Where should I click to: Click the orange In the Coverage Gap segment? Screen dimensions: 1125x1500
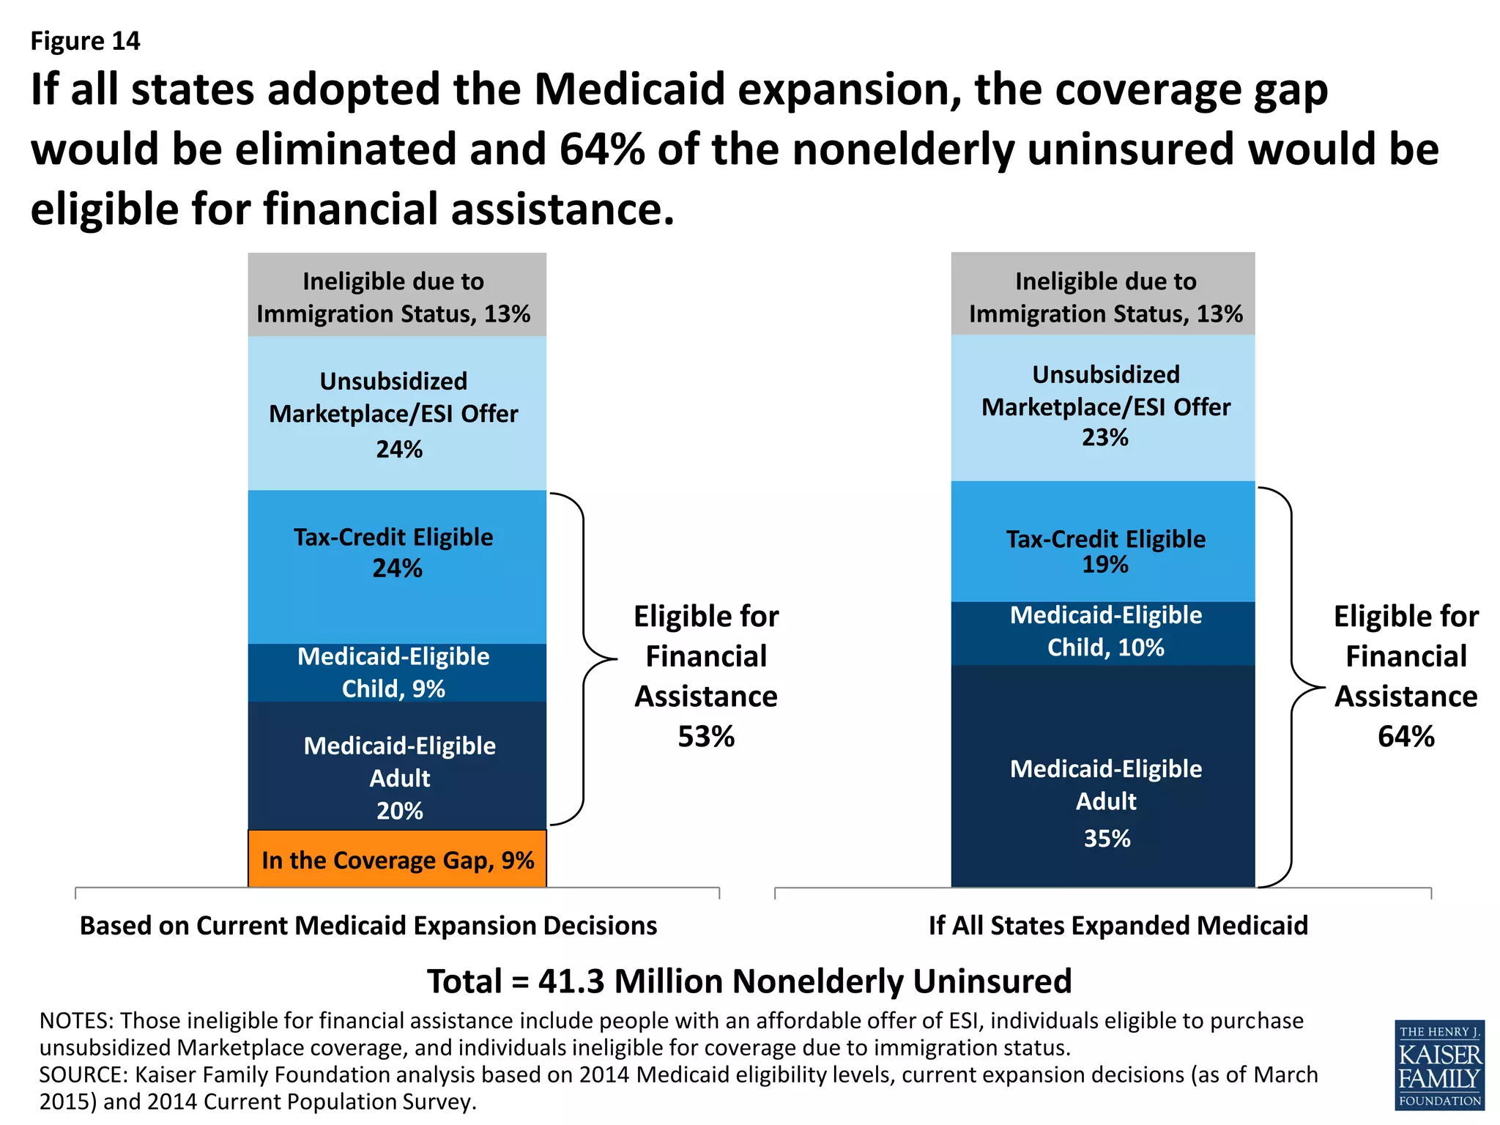point(397,859)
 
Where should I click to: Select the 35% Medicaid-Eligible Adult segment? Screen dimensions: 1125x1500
point(1102,776)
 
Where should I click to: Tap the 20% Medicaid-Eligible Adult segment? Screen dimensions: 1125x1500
point(397,766)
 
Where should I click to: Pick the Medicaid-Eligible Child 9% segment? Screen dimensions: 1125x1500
point(397,672)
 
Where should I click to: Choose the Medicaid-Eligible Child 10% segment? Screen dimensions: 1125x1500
point(1102,633)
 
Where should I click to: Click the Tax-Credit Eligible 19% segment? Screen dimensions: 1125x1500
point(1102,542)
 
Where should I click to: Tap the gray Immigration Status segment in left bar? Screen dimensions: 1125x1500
point(397,295)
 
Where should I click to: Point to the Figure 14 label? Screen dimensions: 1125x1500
point(85,41)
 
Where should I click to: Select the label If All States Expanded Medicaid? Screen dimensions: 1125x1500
point(1118,926)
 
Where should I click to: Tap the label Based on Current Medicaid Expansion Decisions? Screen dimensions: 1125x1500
point(368,926)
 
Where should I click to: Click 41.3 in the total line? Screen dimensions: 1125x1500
point(571,981)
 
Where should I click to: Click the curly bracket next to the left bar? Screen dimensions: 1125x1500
point(584,659)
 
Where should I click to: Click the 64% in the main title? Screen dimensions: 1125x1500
point(602,149)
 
